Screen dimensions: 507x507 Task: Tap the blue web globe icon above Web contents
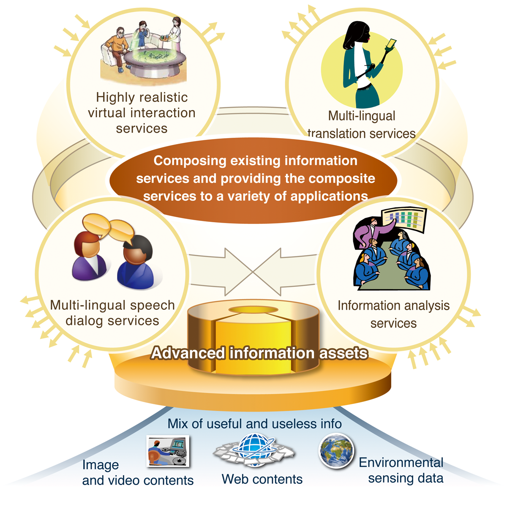[254, 450]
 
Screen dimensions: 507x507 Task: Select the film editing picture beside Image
[168, 451]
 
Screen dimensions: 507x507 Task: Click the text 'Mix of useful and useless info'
[254, 424]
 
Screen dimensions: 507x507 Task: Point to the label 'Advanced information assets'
[259, 353]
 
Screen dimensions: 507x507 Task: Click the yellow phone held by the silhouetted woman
[391, 45]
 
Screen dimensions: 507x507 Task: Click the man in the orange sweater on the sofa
[117, 49]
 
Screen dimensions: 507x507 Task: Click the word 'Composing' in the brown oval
[190, 161]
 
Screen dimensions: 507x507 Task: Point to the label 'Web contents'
[262, 479]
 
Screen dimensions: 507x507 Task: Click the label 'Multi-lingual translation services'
[362, 125]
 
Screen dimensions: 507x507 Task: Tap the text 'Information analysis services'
[394, 314]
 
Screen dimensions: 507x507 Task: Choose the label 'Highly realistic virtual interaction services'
[142, 113]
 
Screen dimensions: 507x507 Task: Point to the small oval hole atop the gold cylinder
[253, 309]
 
